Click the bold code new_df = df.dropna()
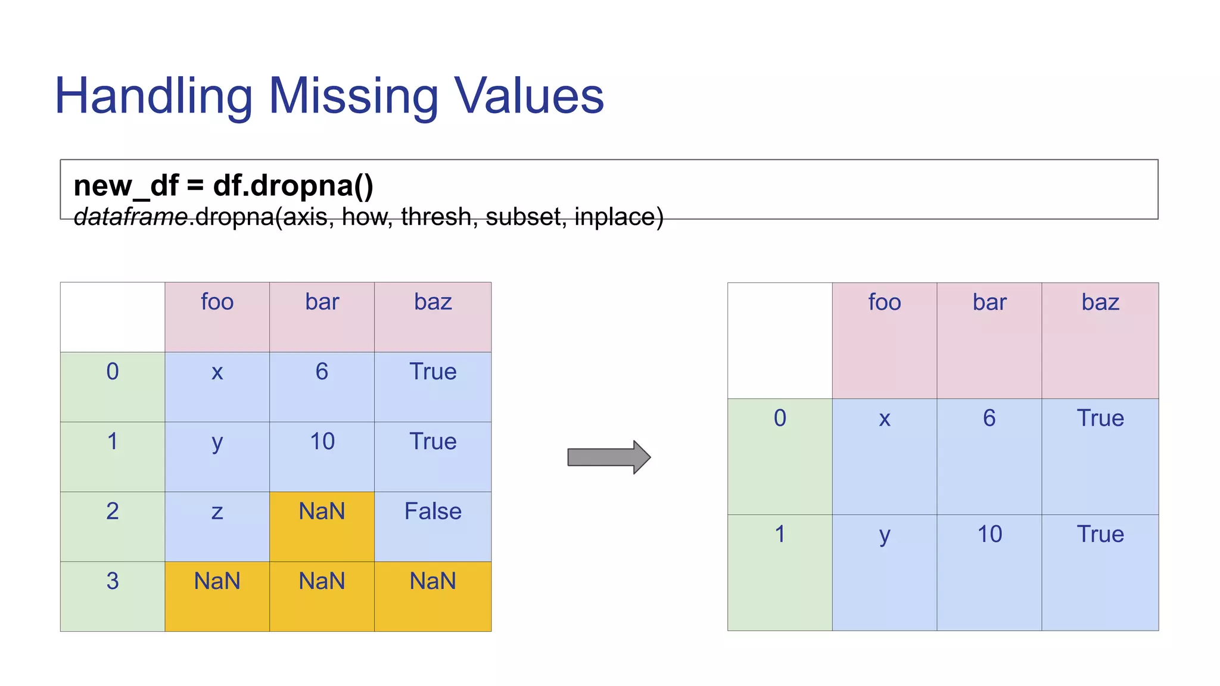point(223,186)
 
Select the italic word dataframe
point(131,217)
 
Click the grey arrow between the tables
point(608,457)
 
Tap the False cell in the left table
point(432,512)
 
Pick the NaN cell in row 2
point(322,512)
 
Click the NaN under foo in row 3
point(217,581)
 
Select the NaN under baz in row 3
point(432,581)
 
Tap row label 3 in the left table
point(113,581)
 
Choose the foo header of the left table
point(217,302)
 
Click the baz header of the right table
point(1100,303)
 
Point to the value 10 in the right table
point(989,534)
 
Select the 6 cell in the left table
point(322,372)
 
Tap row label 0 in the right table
point(780,418)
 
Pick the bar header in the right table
point(989,303)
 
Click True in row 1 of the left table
point(432,442)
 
